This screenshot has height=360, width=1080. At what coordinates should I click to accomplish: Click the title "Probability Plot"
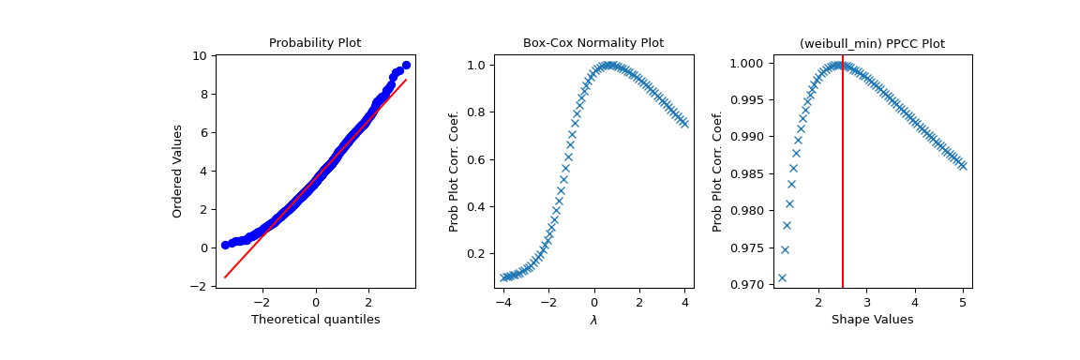click(315, 43)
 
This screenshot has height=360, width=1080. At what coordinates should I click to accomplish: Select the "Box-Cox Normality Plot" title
click(593, 43)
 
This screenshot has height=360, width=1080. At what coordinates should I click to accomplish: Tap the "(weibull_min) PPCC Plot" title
click(872, 43)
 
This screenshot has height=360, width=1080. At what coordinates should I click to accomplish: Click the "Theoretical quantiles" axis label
click(315, 320)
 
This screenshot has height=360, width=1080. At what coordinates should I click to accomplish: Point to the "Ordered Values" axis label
click(177, 171)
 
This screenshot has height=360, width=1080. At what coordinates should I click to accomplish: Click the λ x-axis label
click(593, 320)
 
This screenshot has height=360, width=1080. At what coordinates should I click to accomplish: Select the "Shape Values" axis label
click(872, 320)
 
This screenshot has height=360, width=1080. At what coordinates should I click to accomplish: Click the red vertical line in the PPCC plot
click(843, 187)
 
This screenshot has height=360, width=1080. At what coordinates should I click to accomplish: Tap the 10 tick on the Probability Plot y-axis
click(201, 56)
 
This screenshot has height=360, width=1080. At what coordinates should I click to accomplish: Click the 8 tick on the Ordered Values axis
click(203, 95)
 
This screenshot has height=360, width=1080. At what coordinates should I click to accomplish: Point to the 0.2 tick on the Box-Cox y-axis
click(476, 254)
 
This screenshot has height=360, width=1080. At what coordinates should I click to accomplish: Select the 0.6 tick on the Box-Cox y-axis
click(476, 159)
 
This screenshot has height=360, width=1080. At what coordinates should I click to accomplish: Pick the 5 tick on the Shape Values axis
click(963, 302)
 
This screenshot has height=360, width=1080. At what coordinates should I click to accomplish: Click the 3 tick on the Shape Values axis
click(866, 302)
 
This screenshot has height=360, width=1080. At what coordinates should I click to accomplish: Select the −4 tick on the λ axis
click(502, 302)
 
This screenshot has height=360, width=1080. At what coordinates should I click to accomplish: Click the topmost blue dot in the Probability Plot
click(406, 66)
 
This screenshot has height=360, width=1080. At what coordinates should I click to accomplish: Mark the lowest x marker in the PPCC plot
click(782, 277)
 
